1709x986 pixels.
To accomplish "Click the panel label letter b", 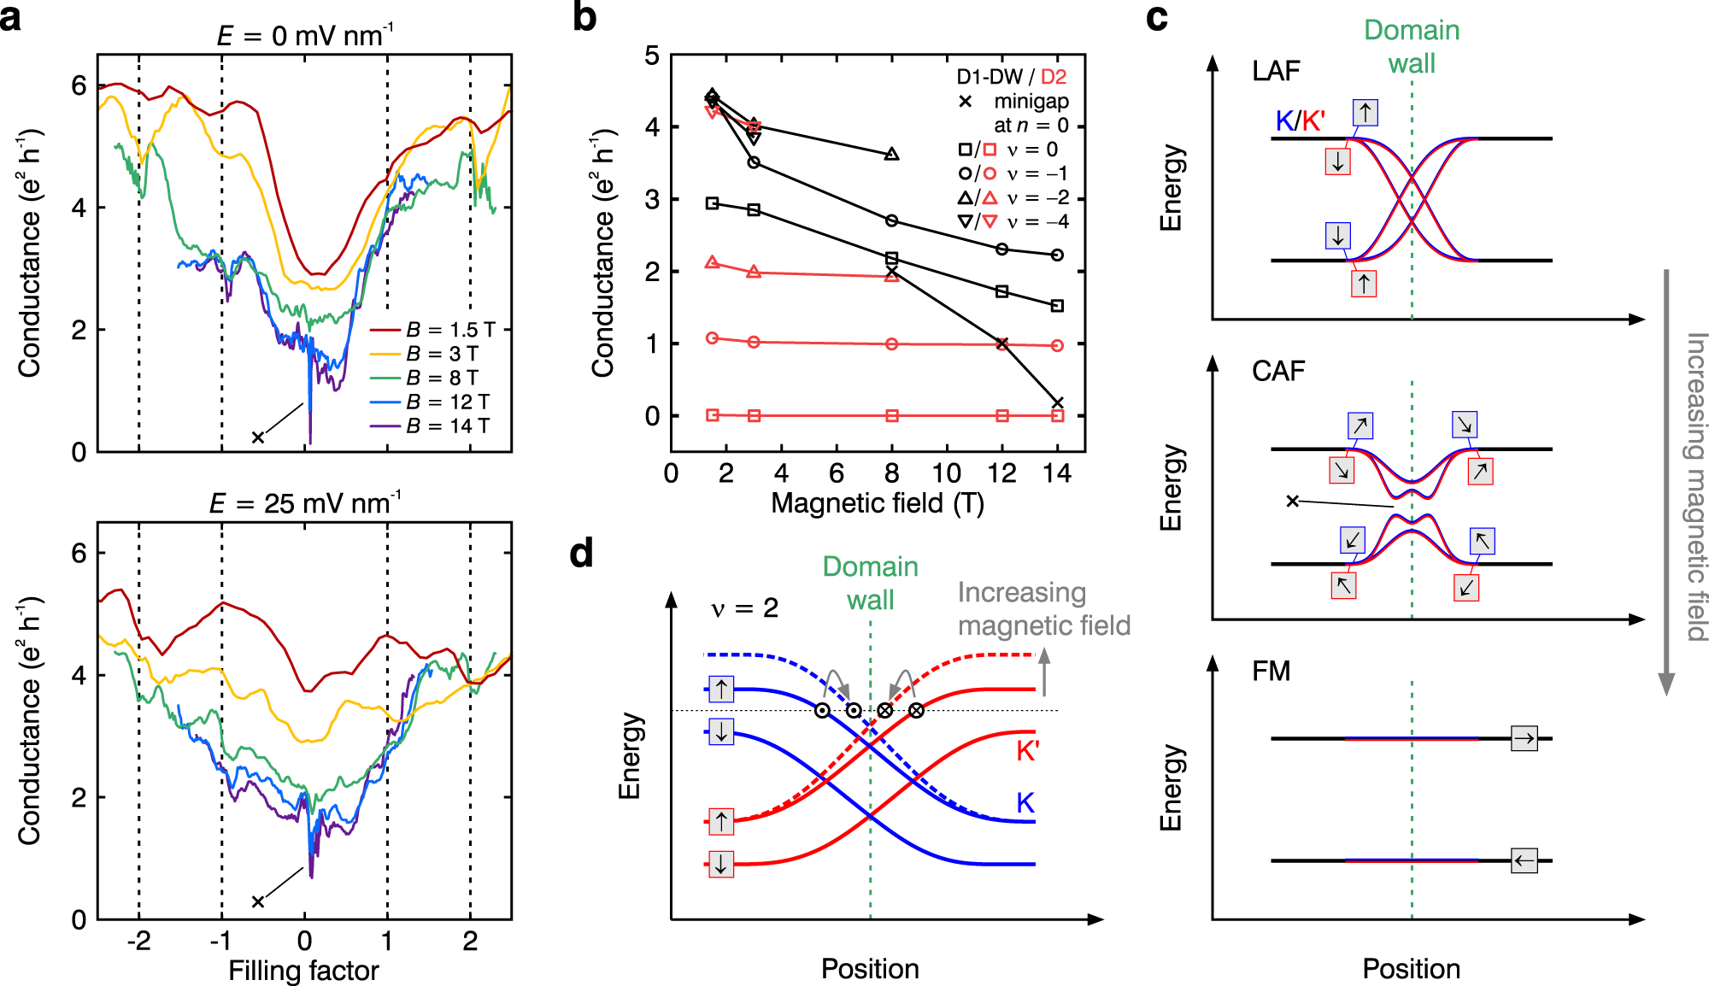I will (584, 17).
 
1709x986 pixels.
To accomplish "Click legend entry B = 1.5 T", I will (449, 330).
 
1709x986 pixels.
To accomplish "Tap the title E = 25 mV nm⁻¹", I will (305, 502).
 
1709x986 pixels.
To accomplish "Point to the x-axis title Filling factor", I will (303, 971).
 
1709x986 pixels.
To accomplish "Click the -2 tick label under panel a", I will (138, 941).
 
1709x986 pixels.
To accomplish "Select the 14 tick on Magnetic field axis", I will (1057, 473).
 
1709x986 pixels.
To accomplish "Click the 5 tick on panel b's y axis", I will (652, 56).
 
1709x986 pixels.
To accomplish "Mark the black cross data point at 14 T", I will (1057, 403).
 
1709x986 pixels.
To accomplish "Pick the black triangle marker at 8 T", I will (891, 155).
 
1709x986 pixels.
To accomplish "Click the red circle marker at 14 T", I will (1057, 345).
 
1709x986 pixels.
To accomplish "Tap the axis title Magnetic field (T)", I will (878, 503).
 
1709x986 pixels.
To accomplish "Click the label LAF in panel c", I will (1275, 71).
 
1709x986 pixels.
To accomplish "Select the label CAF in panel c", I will (1277, 371).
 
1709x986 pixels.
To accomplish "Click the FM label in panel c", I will (1271, 671).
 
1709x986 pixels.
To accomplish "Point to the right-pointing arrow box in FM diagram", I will (1524, 738).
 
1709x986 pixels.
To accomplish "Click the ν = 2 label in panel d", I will (744, 608).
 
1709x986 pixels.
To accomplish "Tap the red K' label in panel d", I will (1027, 751).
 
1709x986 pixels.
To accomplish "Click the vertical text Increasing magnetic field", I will (1695, 487).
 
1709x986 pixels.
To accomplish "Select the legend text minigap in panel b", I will (1031, 101).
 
